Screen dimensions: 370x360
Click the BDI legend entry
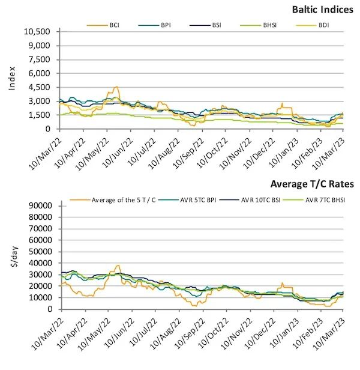tap(323, 25)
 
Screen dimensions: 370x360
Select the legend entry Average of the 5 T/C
tap(123, 199)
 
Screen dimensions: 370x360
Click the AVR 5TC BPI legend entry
tap(204, 199)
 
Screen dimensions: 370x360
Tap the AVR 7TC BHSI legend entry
tap(328, 199)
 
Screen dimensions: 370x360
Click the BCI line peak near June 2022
tap(116, 87)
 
